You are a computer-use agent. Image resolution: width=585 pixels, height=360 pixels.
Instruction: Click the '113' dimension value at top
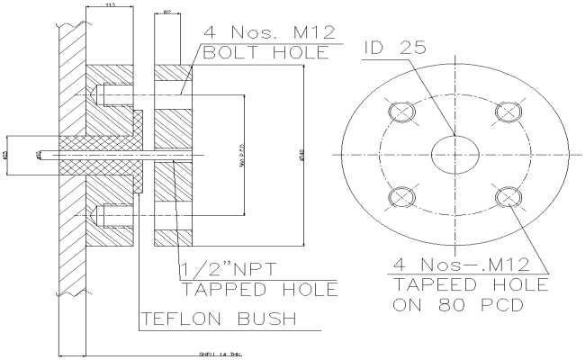point(109,5)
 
